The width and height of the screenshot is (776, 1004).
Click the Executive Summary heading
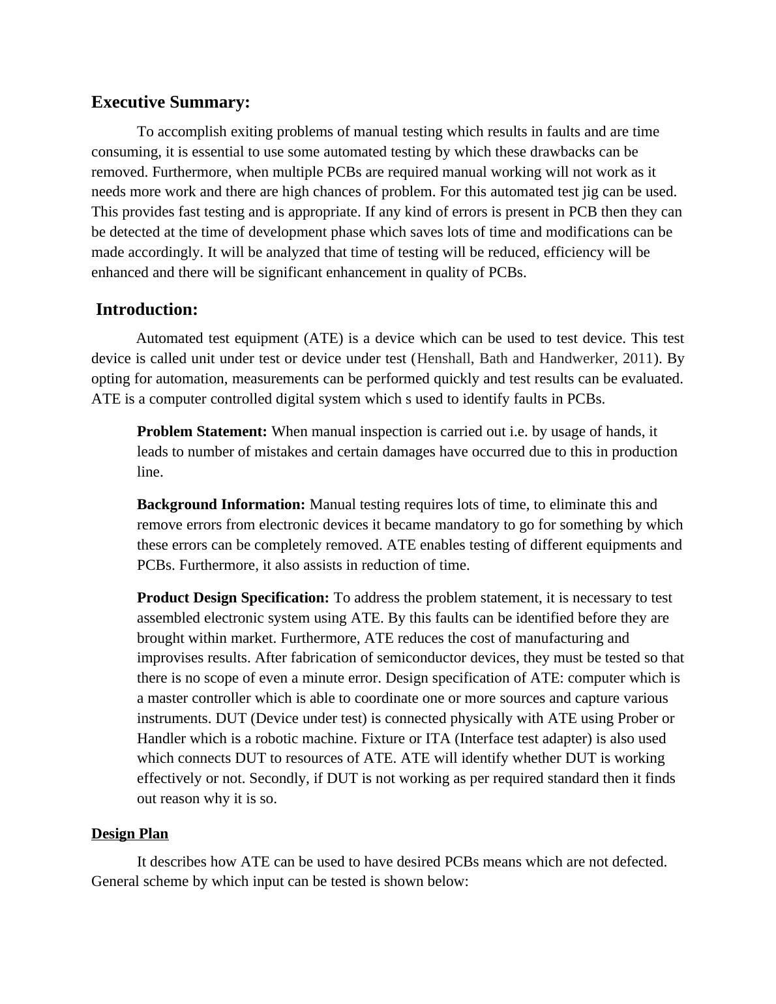[170, 102]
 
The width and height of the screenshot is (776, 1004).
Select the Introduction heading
[147, 310]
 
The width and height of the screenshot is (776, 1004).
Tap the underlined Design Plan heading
[130, 834]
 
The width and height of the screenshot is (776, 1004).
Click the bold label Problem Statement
[202, 432]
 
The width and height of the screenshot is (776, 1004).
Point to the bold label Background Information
[221, 505]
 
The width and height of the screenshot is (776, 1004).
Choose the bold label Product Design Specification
[233, 598]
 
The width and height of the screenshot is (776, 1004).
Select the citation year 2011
[638, 359]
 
